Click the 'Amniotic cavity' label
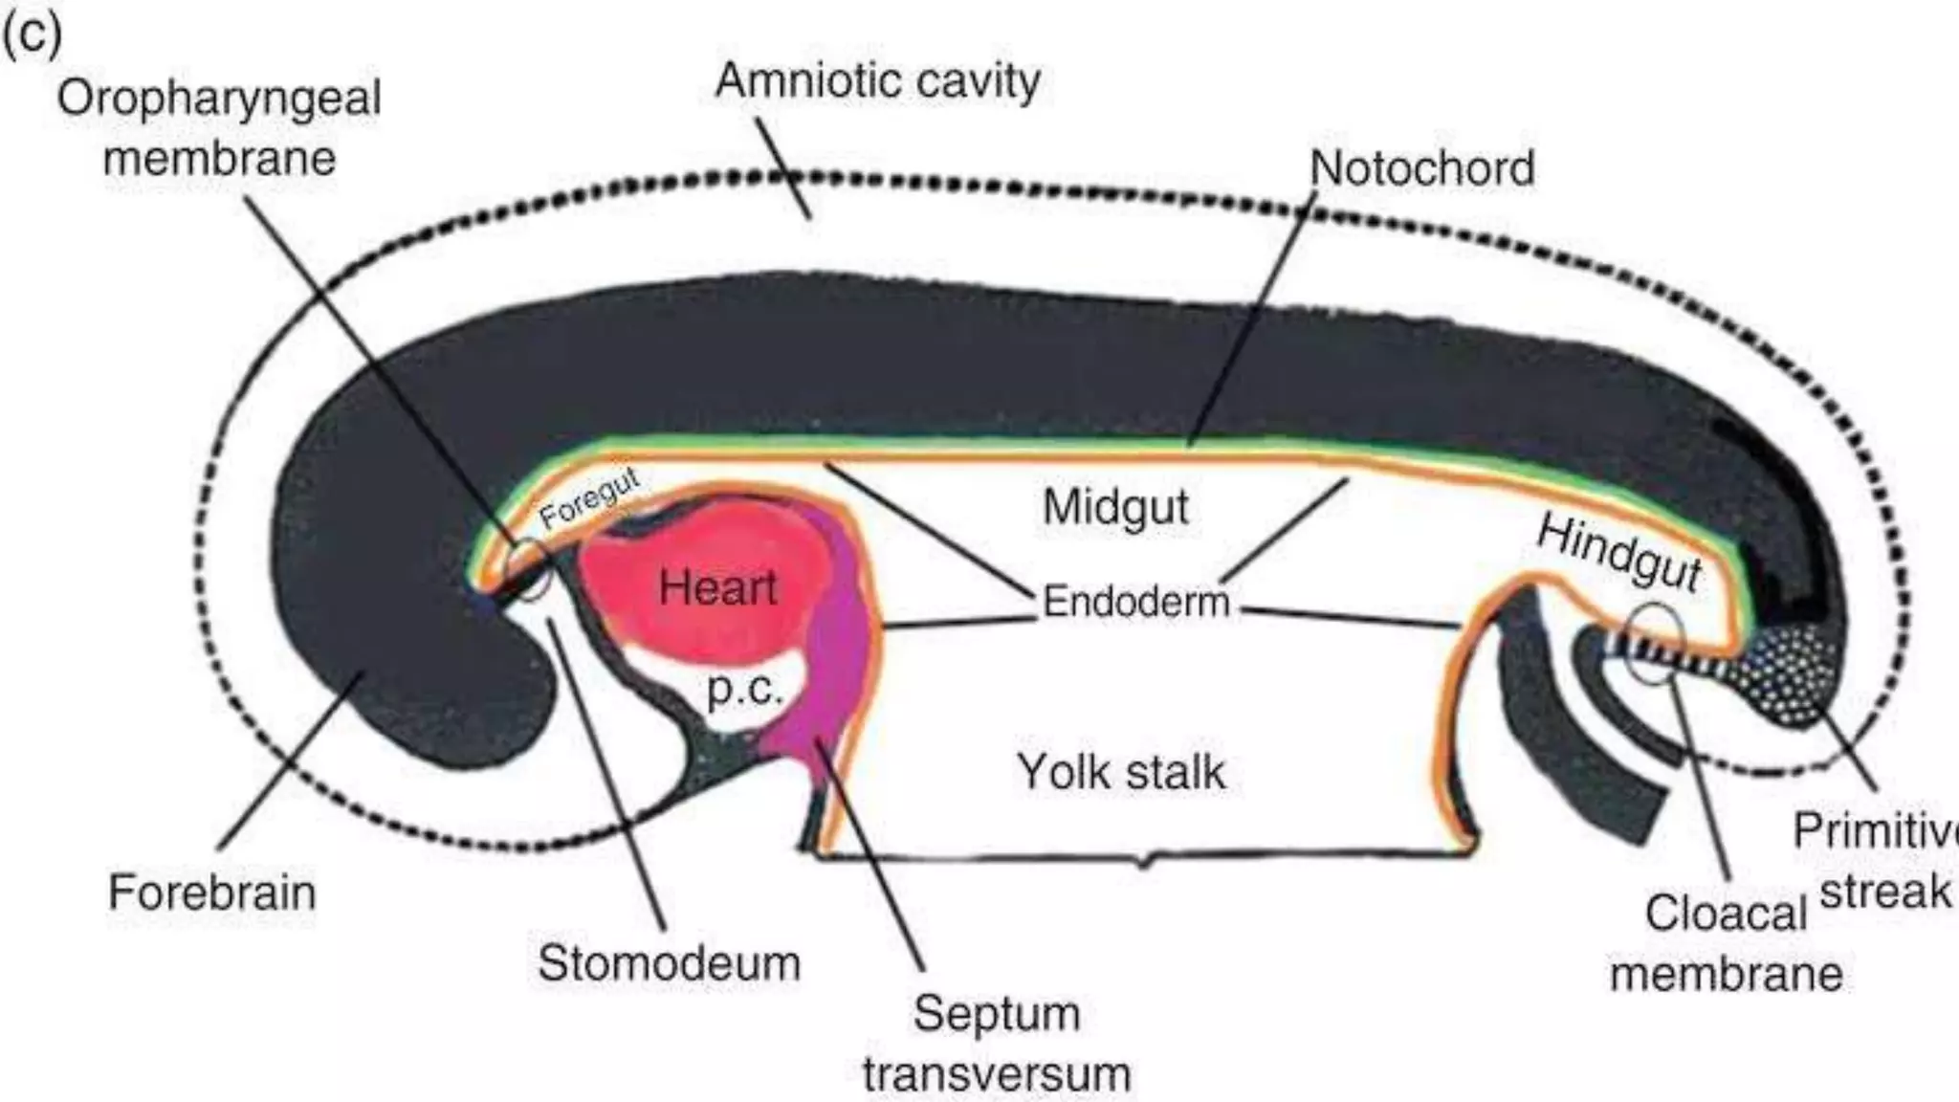877,82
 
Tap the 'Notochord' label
1421,169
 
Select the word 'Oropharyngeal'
219,99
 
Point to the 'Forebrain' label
211,893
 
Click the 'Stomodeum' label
669,962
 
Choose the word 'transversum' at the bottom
997,1074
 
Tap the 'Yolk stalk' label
1120,772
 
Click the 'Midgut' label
1115,507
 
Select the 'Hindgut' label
1619,553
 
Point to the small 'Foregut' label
588,500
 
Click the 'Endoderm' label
1135,603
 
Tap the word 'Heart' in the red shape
717,586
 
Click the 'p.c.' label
744,689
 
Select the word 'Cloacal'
1725,914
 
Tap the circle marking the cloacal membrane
1656,644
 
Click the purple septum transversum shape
832,650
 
